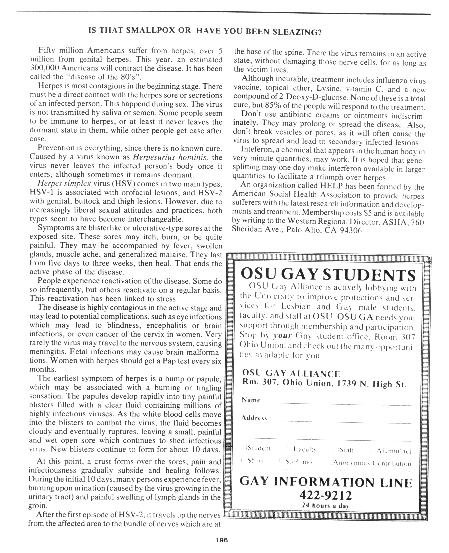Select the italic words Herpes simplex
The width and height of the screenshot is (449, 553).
coord(64,183)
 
